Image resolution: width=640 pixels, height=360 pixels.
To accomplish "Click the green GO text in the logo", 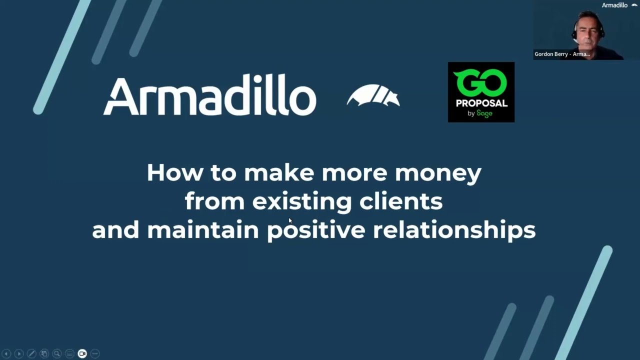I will click(x=480, y=83).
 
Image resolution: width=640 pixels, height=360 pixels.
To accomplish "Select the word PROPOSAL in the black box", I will click(x=481, y=103).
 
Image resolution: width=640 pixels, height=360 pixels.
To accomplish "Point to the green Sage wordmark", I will click(x=484, y=113).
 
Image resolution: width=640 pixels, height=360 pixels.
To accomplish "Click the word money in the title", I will click(x=438, y=172).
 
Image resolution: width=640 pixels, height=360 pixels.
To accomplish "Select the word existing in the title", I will click(x=302, y=201).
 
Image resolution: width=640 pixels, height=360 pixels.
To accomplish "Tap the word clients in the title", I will click(x=400, y=201).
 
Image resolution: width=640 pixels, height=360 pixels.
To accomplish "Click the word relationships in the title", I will click(x=454, y=230).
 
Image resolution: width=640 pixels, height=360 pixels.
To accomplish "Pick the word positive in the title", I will click(x=316, y=230).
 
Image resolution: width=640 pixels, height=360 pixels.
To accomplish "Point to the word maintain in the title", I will click(x=202, y=230).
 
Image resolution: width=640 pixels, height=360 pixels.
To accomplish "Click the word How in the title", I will click(x=175, y=172).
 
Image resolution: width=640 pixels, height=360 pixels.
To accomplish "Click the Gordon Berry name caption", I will click(x=562, y=54).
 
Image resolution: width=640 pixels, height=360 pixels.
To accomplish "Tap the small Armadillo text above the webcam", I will click(x=614, y=5).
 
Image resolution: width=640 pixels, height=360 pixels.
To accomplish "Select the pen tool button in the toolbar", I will click(x=31, y=353).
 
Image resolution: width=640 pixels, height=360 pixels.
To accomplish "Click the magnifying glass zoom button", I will click(x=57, y=353).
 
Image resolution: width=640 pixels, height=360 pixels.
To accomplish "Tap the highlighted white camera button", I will click(x=82, y=353).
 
